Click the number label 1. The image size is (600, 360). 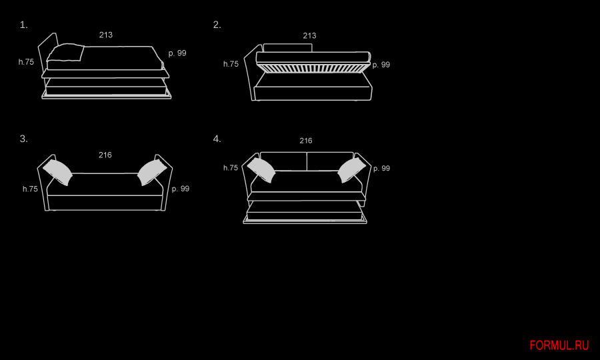23,25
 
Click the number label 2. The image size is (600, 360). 217,25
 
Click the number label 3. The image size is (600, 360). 23,139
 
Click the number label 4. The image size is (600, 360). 217,139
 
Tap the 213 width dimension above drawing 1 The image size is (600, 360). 106,35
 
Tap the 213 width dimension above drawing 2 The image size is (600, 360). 309,36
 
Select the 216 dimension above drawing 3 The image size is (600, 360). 105,155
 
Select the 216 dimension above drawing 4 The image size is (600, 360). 306,141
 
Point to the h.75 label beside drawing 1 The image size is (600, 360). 26,62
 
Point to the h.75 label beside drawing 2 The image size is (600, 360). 231,65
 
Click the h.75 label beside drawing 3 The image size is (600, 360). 30,189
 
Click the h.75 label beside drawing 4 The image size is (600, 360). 231,168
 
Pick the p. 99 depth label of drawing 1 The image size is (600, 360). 177,53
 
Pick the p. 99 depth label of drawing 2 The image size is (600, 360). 381,65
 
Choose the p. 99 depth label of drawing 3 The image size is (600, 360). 181,189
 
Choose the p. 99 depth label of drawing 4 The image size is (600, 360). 381,169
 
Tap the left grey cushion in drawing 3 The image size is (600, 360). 59,171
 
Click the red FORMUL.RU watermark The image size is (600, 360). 559,345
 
